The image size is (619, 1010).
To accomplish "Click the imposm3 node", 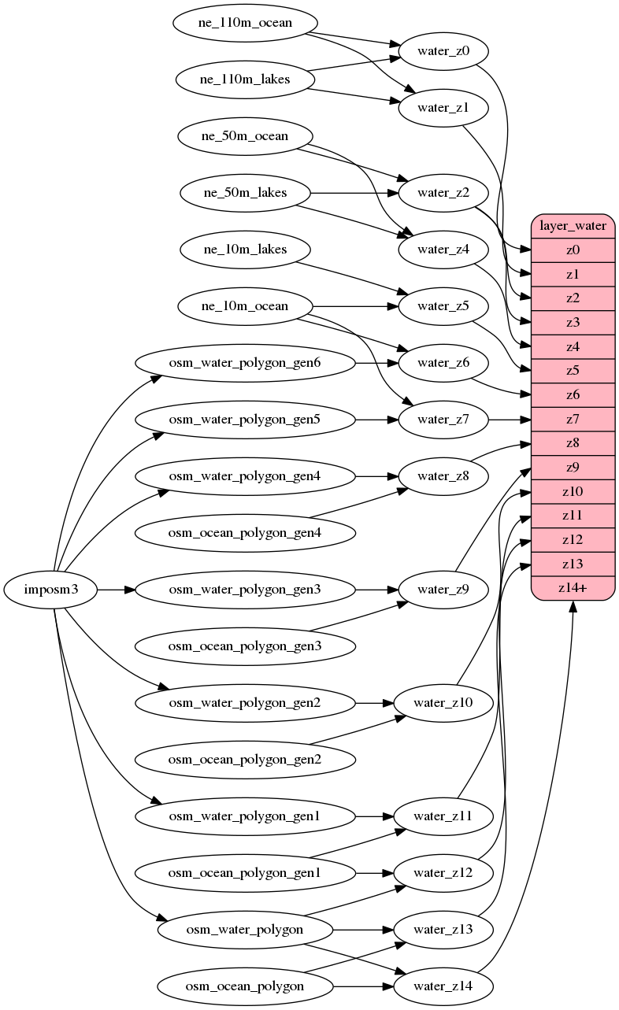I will (x=50, y=589).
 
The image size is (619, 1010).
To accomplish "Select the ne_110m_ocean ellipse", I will (x=245, y=23).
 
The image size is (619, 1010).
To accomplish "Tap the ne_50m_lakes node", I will (x=245, y=193).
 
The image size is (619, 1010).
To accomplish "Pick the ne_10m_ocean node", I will (x=245, y=306).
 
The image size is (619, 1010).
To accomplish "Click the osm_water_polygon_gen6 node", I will (x=245, y=363).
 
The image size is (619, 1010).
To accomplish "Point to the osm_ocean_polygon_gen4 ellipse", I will (x=245, y=533).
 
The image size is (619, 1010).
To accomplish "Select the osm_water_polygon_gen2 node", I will (x=245, y=702).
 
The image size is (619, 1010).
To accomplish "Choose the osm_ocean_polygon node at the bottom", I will (x=245, y=986).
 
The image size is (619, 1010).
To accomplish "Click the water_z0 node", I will (x=443, y=51).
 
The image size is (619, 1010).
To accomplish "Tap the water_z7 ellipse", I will (x=443, y=420).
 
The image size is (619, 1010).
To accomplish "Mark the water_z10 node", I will (x=443, y=702).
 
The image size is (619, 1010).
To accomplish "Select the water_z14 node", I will (x=443, y=986).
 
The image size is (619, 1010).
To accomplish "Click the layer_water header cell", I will (x=573, y=226).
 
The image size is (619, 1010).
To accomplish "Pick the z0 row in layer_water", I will (x=573, y=250).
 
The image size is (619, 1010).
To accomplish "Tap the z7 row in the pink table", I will (x=573, y=420).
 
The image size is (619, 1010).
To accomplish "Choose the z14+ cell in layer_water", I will (x=573, y=587).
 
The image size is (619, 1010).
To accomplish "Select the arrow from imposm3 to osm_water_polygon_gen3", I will (x=116, y=589).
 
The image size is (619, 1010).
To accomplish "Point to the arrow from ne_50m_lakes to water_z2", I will (x=354, y=193).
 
